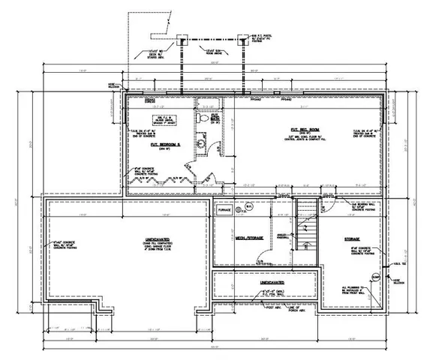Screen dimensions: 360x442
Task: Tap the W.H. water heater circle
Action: click(x=249, y=208)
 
